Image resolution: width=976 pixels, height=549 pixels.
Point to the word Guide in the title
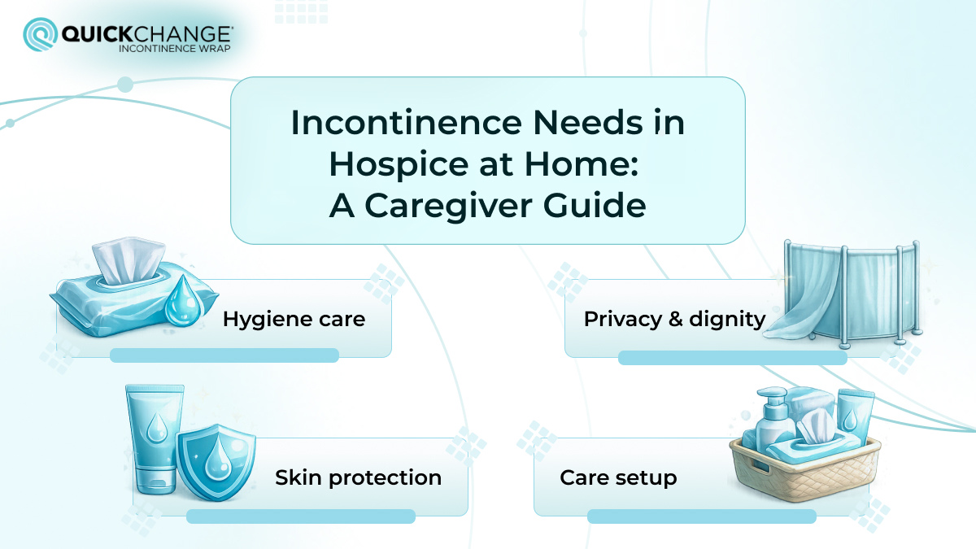click(x=603, y=206)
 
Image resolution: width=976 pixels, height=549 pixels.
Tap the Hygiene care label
click(x=294, y=319)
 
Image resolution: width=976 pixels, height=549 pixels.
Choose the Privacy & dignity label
click(x=674, y=319)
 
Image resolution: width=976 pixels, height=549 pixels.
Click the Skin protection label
click(x=358, y=477)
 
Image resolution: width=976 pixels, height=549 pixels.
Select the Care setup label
click(x=618, y=477)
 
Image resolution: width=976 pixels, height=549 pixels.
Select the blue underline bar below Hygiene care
click(x=224, y=355)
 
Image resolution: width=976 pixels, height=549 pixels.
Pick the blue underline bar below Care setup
click(x=701, y=516)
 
